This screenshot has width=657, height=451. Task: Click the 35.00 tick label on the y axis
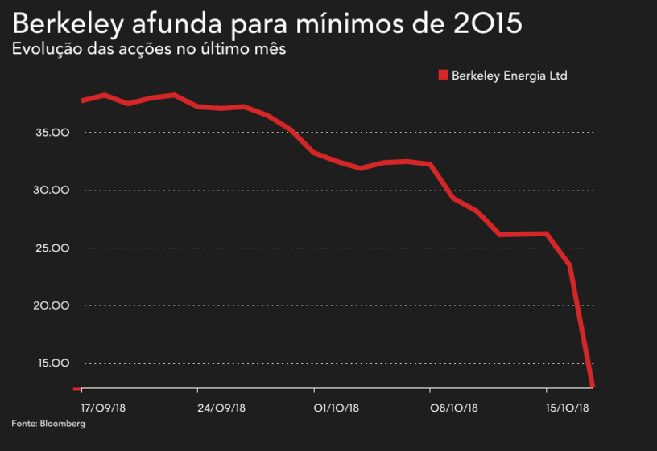click(x=53, y=133)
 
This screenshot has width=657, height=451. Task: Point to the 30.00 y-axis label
click(x=53, y=191)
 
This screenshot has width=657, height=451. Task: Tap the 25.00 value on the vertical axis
click(x=53, y=248)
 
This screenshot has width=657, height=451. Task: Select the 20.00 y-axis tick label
click(x=53, y=306)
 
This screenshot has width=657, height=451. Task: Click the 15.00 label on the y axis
click(x=53, y=363)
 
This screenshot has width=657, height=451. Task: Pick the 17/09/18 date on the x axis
click(x=103, y=408)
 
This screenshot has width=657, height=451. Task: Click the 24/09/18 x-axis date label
click(x=220, y=408)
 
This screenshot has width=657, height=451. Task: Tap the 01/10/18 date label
click(x=337, y=408)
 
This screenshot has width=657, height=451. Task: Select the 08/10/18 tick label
click(x=453, y=408)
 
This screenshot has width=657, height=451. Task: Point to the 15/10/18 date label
click(x=568, y=408)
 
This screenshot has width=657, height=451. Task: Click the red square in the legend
click(x=442, y=76)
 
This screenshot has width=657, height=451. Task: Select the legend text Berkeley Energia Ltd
click(x=510, y=76)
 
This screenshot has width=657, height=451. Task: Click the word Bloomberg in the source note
click(x=62, y=423)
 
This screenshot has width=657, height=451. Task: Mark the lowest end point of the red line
click(x=593, y=387)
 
